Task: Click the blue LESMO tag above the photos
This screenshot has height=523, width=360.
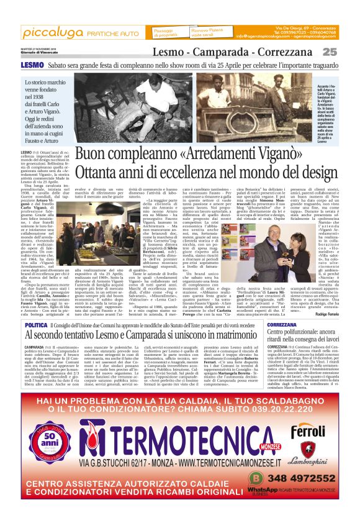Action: pos(31,65)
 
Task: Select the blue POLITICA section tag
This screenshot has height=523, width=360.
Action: pos(37,325)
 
